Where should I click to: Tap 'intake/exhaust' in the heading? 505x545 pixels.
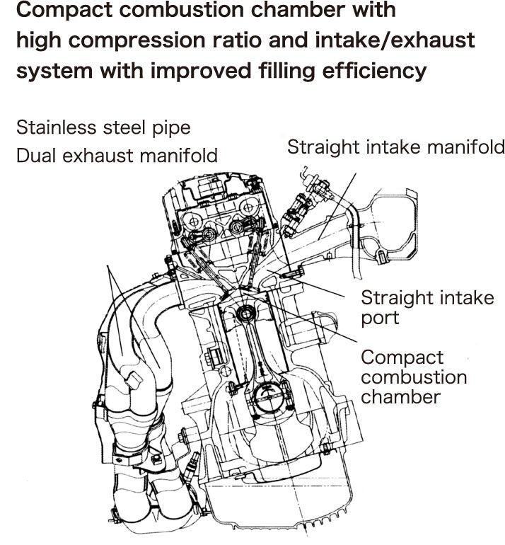[408, 42]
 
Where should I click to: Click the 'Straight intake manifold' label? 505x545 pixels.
[396, 147]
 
